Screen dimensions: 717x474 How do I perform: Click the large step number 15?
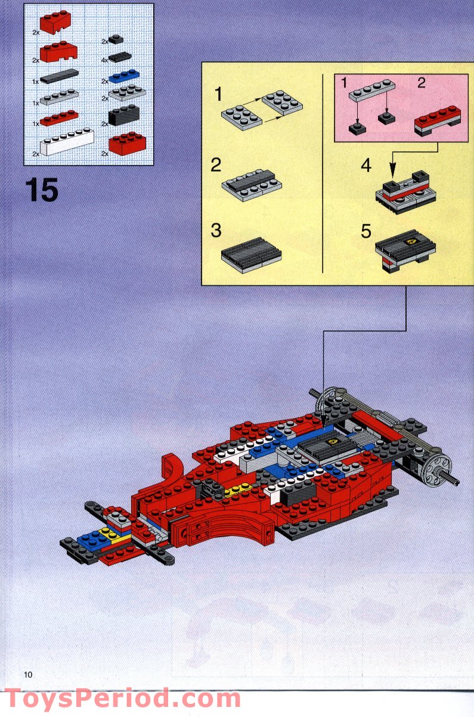point(42,190)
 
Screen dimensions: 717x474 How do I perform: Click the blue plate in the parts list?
point(123,76)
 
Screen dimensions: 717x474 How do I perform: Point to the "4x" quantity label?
point(105,60)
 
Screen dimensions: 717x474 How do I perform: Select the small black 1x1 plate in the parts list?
point(116,40)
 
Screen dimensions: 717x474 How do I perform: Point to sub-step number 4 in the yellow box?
point(366,165)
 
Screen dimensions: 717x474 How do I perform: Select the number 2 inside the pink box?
point(421,83)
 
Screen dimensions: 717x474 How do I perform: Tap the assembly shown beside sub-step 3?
point(251,254)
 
